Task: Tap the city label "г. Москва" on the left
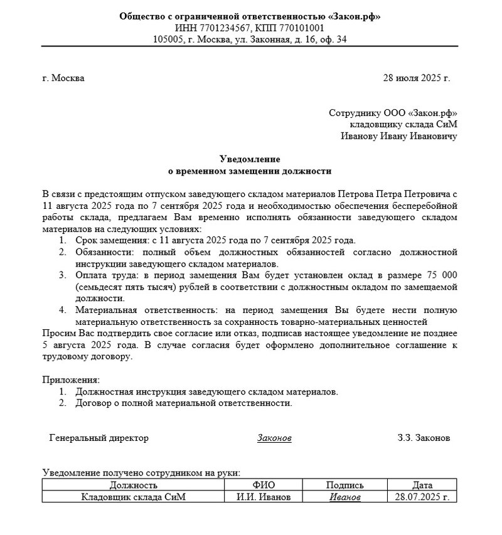[x=63, y=78]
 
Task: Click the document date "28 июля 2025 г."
[x=416, y=78]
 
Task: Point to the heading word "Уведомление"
[x=250, y=159]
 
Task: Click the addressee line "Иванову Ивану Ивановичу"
[x=399, y=135]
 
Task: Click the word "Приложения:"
[x=70, y=380]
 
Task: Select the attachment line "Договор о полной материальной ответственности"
[x=183, y=403]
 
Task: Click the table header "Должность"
[x=133, y=485]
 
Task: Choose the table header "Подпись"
[x=344, y=485]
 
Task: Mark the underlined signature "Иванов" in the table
[x=344, y=497]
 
